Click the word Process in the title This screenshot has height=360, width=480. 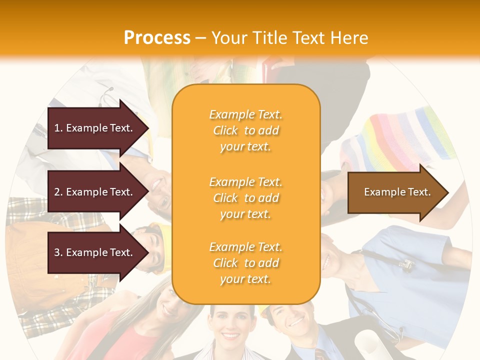[157, 37]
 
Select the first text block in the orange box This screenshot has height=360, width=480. [245, 130]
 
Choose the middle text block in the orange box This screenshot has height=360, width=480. [245, 198]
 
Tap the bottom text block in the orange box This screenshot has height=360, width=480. [245, 263]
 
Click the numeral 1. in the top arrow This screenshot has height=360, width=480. [58, 128]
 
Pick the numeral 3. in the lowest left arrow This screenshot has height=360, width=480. [58, 252]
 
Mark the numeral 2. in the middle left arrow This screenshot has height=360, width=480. [58, 192]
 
